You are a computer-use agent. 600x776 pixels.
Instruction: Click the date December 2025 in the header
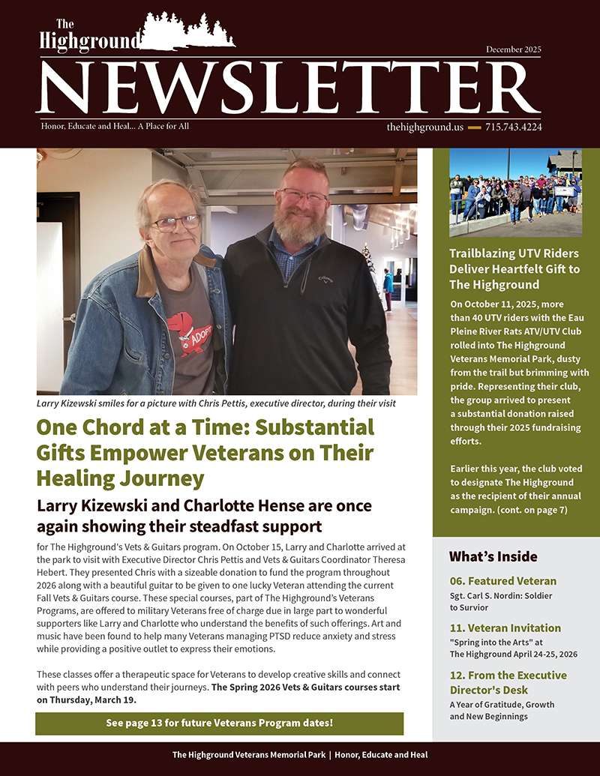coord(513,49)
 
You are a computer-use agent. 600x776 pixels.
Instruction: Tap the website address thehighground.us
coord(424,127)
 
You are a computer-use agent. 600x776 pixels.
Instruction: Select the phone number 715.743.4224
coord(514,127)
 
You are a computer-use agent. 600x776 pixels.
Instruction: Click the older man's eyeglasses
coord(176,223)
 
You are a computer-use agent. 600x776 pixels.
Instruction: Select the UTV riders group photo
coord(515,193)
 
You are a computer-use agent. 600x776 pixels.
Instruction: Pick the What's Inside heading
coord(493,556)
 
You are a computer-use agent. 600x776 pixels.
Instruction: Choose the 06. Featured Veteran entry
coord(502,581)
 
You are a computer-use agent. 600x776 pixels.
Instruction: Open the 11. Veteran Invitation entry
coord(505,628)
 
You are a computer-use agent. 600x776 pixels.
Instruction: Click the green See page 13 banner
coord(219,724)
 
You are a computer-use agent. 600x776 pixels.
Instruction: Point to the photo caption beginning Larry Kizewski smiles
coord(216,403)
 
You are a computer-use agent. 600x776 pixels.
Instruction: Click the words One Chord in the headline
coord(90,428)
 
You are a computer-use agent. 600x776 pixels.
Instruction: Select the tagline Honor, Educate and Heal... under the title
coord(115,127)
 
